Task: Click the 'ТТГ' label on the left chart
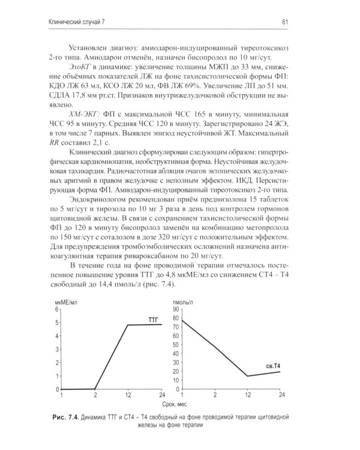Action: click(x=155, y=321)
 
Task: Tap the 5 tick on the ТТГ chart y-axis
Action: click(x=58, y=323)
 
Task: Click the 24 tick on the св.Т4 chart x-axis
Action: click(x=280, y=395)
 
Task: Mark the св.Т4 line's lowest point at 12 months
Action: click(x=247, y=376)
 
